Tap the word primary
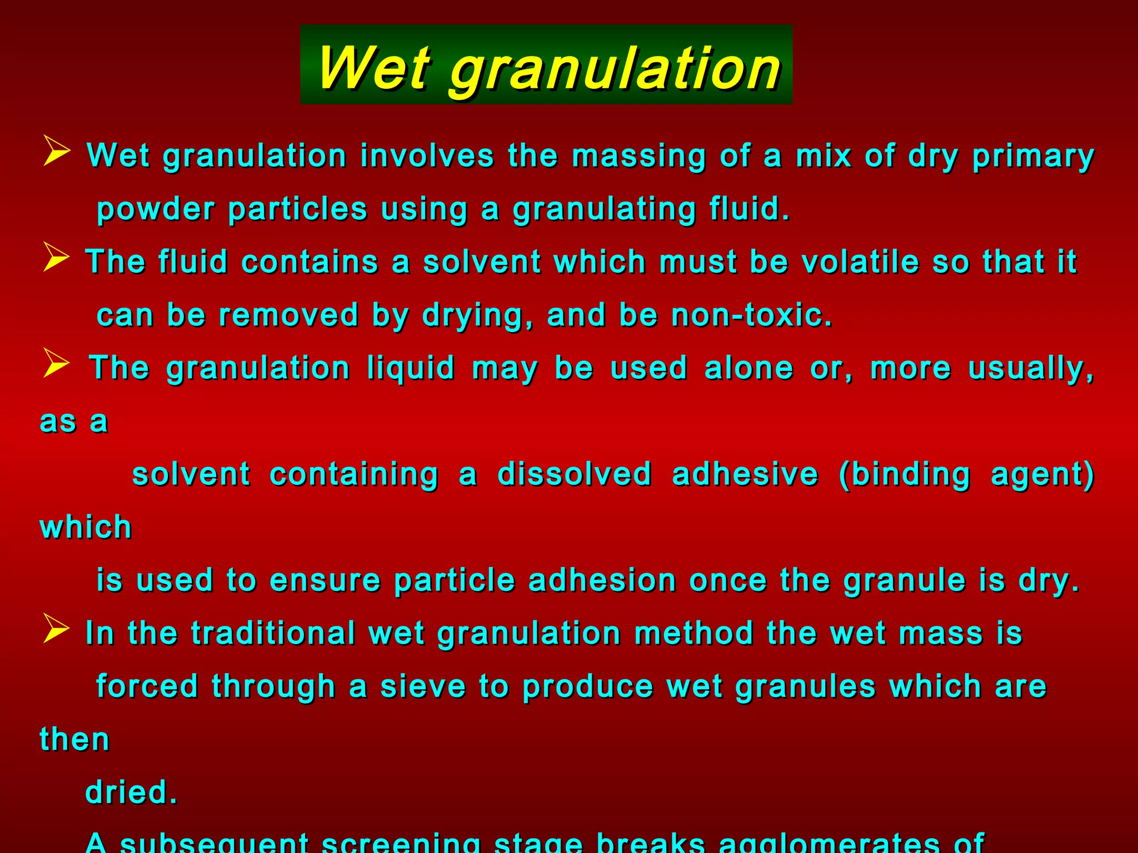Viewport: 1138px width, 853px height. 1033,157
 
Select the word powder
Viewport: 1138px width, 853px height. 156,210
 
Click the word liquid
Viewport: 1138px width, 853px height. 411,369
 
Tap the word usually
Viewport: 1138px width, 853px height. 1031,369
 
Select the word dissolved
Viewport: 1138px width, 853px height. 574,474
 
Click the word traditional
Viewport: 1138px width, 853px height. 273,634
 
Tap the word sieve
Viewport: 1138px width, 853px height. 423,686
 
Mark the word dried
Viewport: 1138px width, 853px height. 131,792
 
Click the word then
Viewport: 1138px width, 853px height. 74,740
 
